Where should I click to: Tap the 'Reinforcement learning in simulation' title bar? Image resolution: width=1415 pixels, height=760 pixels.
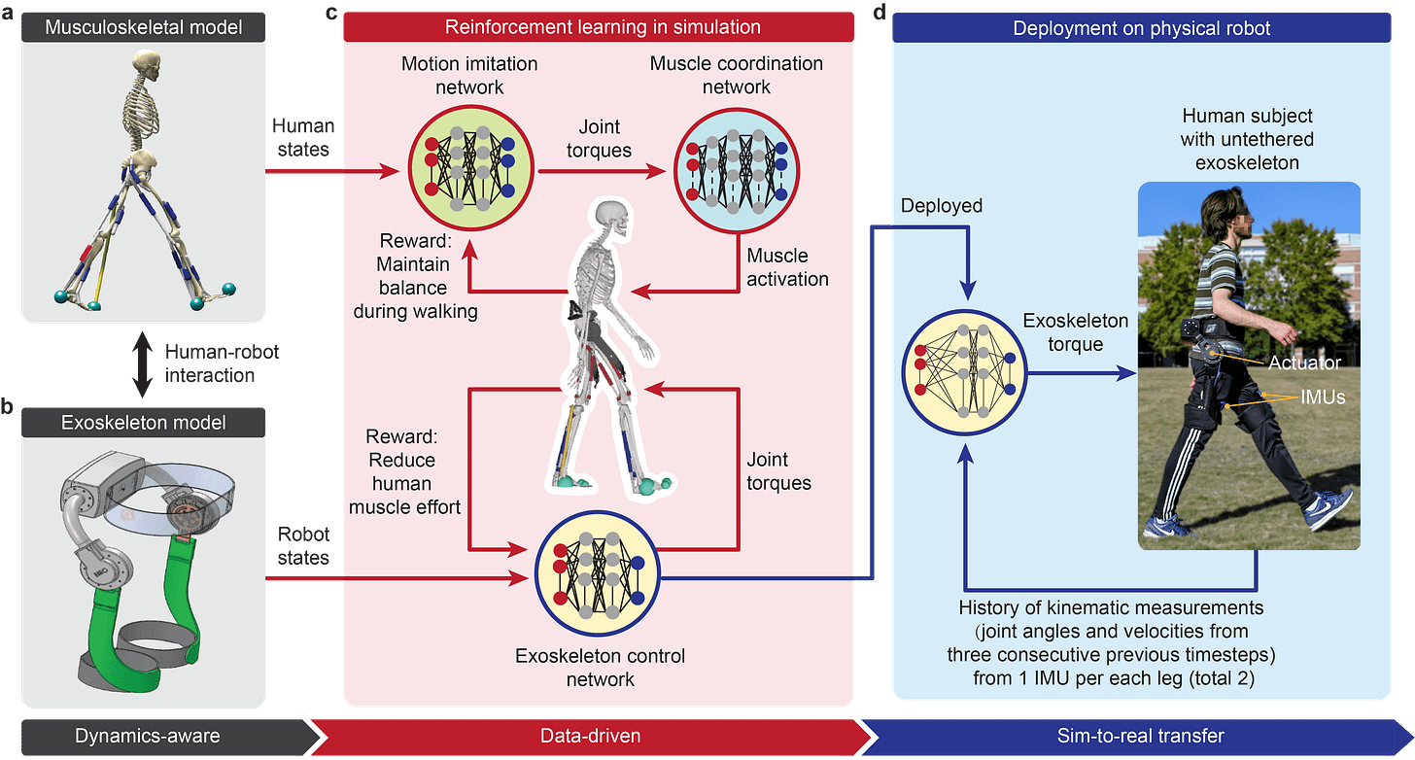[603, 27]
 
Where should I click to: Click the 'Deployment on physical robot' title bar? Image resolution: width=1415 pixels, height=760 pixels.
[1141, 28]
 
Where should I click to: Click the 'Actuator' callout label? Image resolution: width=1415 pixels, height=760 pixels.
[1304, 363]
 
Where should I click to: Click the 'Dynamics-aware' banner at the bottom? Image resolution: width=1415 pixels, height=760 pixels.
[147, 736]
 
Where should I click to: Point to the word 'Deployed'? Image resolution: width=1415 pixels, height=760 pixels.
[941, 206]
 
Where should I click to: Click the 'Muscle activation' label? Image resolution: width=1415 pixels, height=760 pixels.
[787, 267]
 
